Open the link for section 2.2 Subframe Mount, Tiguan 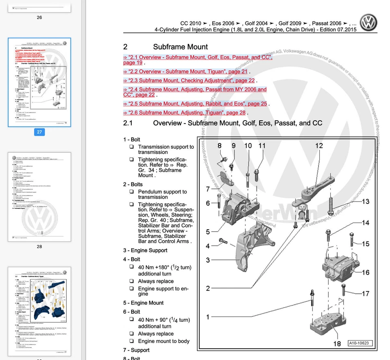coord(185,72)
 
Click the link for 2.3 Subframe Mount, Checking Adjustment coord(189,80)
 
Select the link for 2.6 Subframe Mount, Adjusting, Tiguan coord(184,113)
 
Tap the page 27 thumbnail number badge coord(39,132)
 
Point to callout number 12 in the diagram coord(319,145)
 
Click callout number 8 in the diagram coord(219,145)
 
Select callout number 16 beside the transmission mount coord(366,272)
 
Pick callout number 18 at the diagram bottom coord(337,344)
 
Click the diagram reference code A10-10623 coord(359,343)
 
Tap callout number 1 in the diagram coord(208,317)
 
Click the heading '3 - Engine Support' coord(145,250)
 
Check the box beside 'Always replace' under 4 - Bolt coord(132,281)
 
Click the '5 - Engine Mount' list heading coord(143,303)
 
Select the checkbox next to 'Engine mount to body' coord(132,341)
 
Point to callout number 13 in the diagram coord(366,202)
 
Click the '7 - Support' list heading coord(136,350)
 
